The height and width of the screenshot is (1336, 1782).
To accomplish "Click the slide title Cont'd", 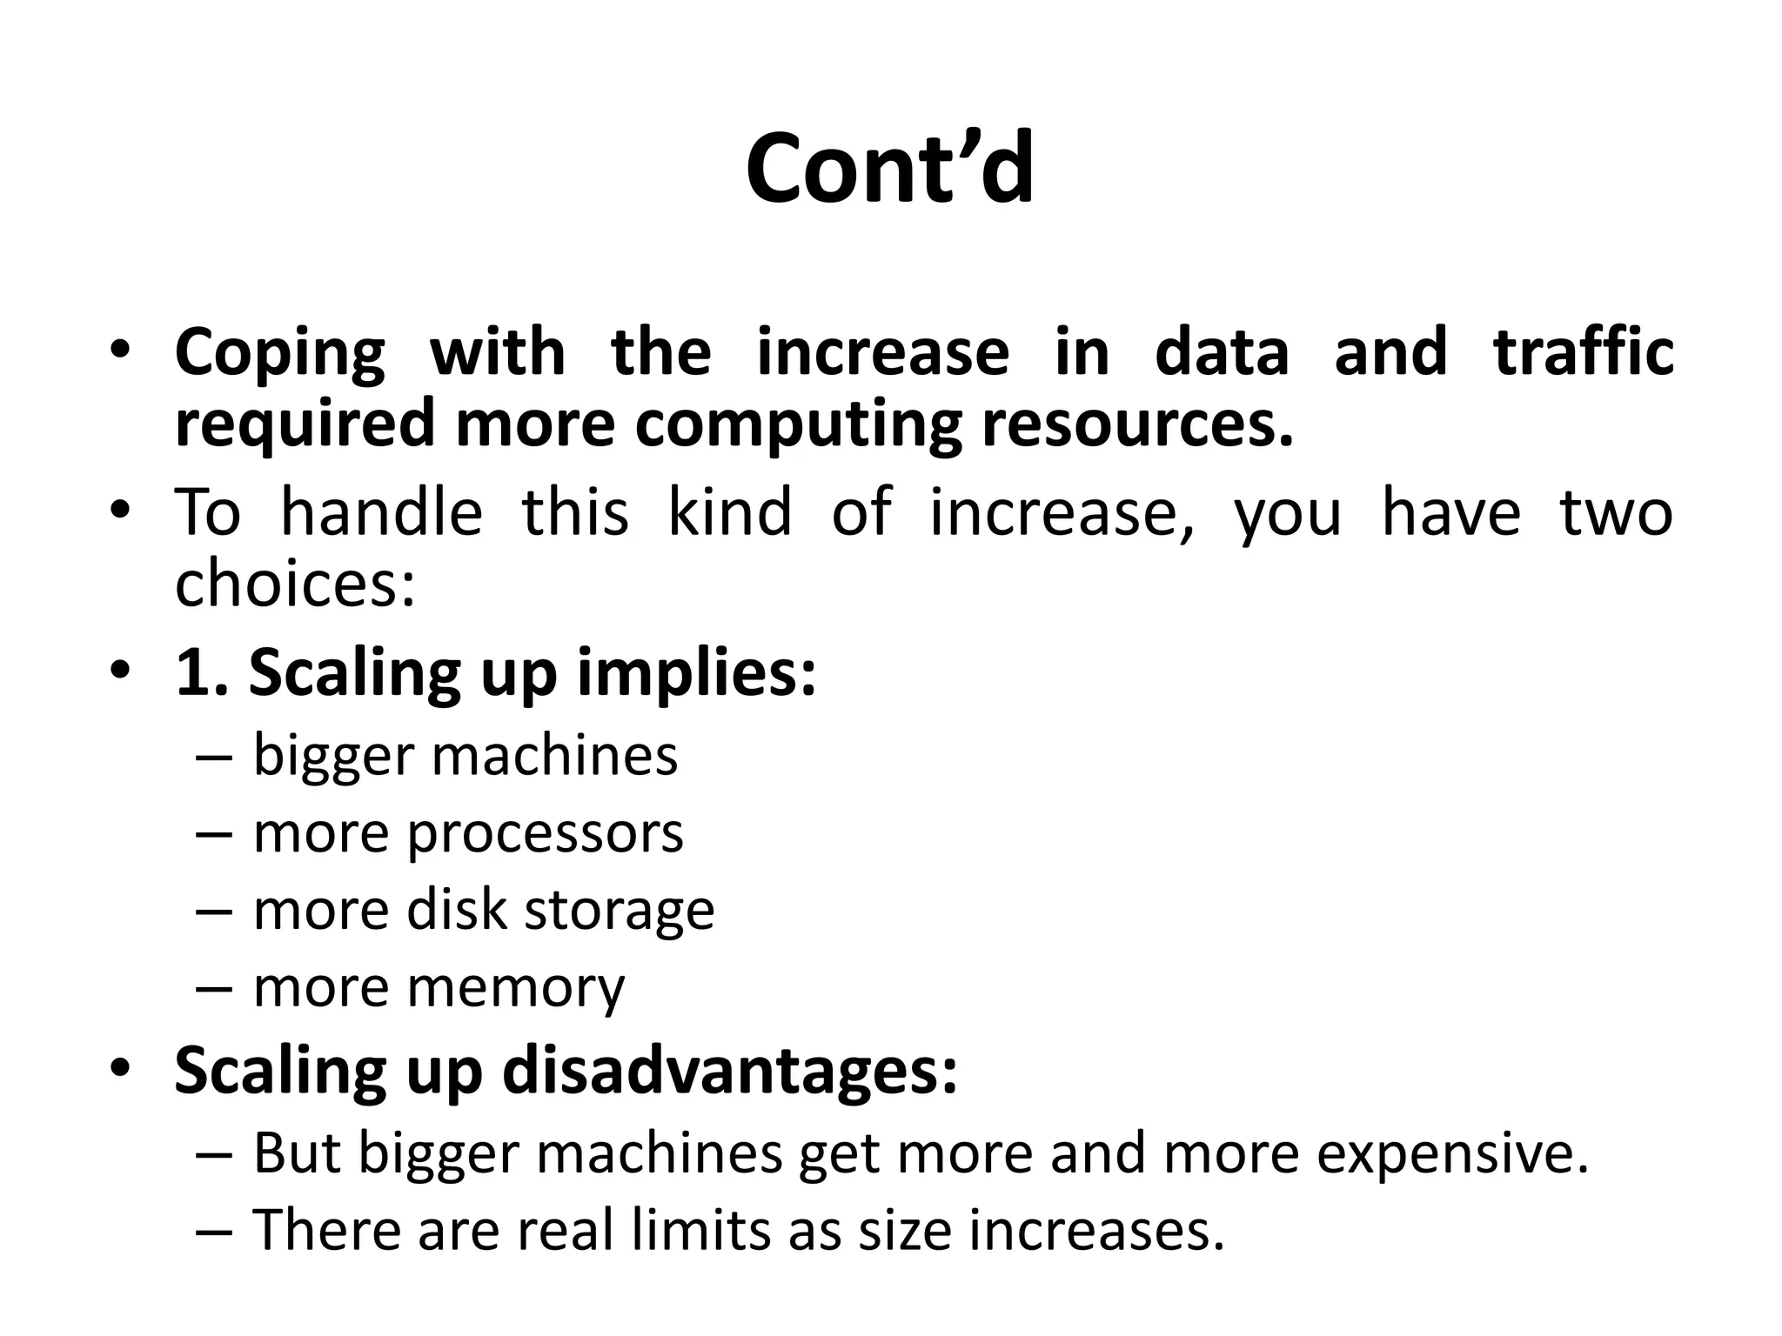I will pyautogui.click(x=890, y=168).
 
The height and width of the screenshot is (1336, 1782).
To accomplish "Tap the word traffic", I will pyautogui.click(x=1583, y=351).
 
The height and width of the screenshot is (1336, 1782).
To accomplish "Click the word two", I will pyautogui.click(x=1616, y=513).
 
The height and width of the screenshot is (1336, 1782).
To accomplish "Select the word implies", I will pyautogui.click(x=696, y=674).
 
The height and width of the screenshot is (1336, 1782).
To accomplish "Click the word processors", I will pyautogui.click(x=545, y=833).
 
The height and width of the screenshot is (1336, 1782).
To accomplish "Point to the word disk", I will pyautogui.click(x=456, y=910).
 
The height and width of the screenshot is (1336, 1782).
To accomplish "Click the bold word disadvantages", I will pyautogui.click(x=729, y=1070).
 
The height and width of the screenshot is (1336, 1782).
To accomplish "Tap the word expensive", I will pyautogui.click(x=1452, y=1154).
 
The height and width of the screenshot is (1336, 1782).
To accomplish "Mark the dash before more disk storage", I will pyautogui.click(x=214, y=911).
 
